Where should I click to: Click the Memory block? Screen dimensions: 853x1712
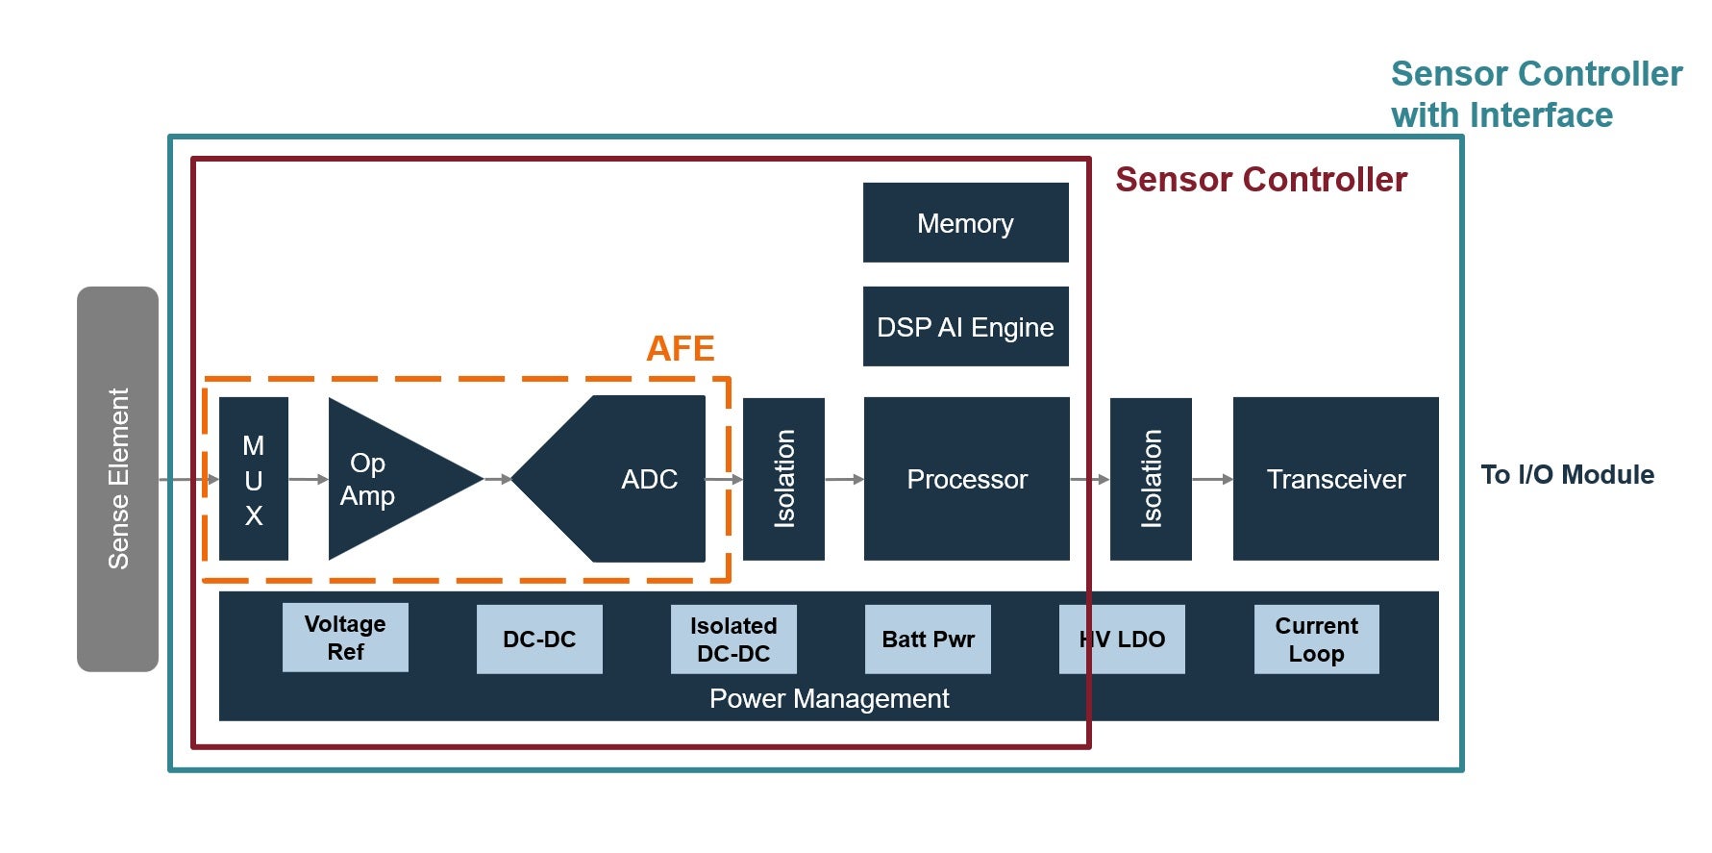tap(965, 223)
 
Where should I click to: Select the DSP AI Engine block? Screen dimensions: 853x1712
tap(965, 327)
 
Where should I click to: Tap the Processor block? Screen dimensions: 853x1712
tap(966, 479)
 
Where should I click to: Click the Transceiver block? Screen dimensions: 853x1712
tap(1335, 479)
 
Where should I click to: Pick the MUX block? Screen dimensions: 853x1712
tap(254, 479)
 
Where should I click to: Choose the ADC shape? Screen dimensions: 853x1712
tap(634, 479)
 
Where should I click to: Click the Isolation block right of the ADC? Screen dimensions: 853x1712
tap(783, 479)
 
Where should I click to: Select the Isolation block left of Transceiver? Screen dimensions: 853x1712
tap(1151, 479)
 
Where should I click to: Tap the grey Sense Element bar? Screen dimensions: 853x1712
tap(117, 479)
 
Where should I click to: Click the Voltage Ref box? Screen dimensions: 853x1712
tap(345, 638)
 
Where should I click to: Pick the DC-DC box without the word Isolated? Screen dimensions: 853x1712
tap(539, 640)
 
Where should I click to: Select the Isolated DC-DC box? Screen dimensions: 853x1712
tap(733, 640)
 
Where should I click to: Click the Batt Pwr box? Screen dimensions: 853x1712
tap(928, 640)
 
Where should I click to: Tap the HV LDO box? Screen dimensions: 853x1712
tap(1122, 640)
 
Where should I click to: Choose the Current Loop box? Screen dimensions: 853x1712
tap(1316, 640)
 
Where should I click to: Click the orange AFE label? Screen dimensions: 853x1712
tap(681, 348)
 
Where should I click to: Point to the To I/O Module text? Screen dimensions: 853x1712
tap(1567, 475)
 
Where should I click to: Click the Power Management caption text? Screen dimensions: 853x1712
tap(829, 699)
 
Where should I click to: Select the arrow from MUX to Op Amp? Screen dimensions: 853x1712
tap(308, 479)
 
